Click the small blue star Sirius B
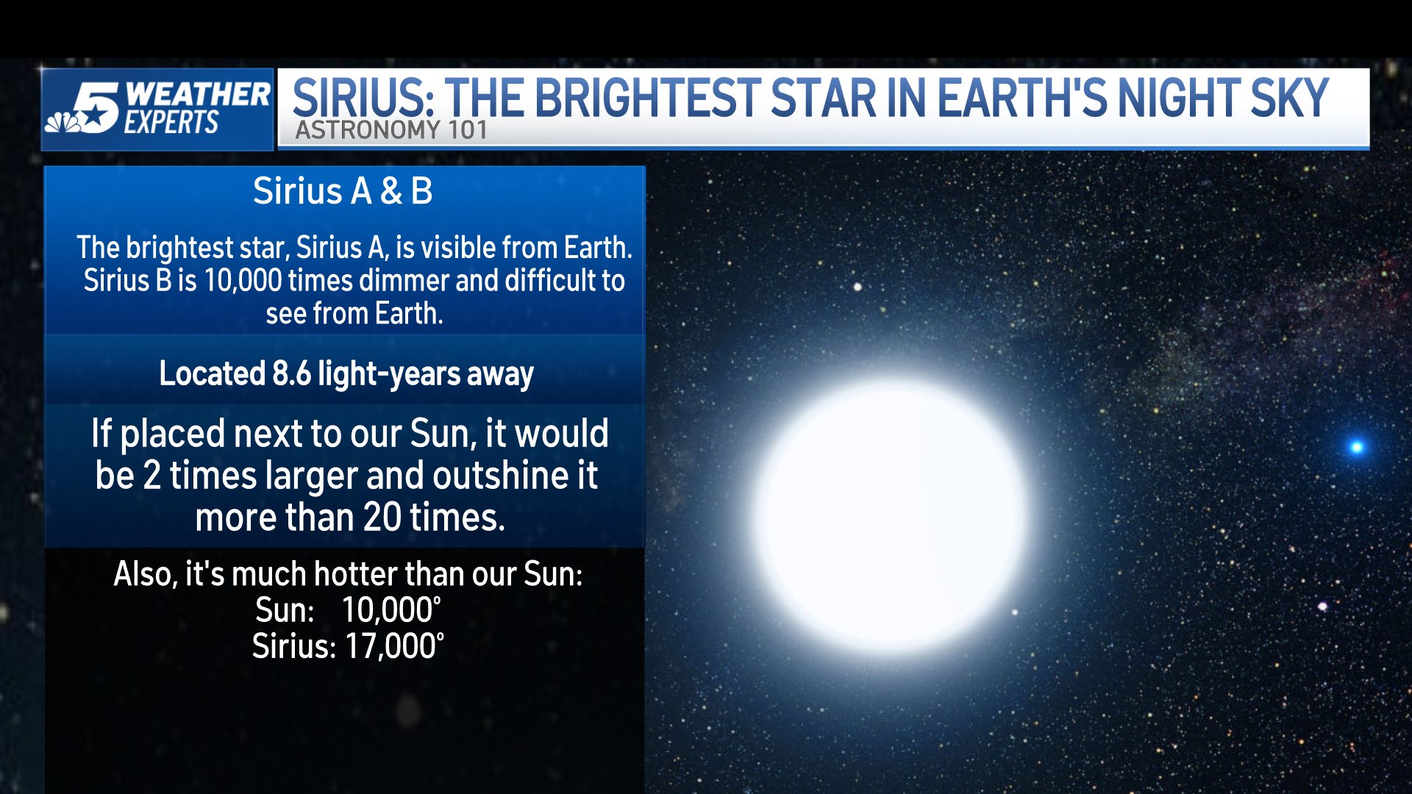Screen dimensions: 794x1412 tap(1357, 446)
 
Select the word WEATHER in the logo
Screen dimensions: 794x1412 tap(197, 94)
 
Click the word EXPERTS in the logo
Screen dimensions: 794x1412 tap(171, 123)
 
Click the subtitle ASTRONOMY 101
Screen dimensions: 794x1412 tap(391, 131)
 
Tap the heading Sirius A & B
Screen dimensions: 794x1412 tap(343, 191)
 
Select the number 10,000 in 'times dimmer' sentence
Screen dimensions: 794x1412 tap(243, 281)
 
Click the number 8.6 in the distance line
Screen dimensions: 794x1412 tap(291, 374)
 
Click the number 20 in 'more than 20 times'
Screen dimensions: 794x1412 tap(382, 518)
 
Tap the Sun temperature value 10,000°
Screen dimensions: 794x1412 tap(391, 610)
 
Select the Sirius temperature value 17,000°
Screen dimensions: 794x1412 tap(393, 647)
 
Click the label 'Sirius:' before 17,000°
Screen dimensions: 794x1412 tap(293, 647)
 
